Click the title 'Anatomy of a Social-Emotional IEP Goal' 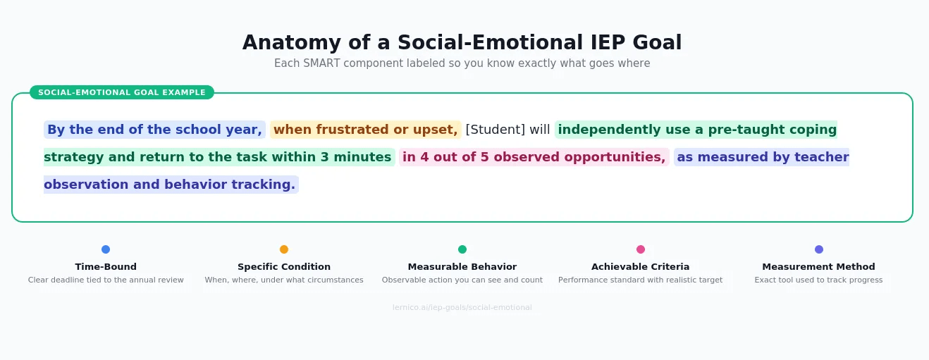click(x=462, y=43)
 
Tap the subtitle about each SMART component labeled click(x=462, y=63)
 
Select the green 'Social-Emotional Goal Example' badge click(x=122, y=92)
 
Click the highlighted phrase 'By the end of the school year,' click(x=154, y=130)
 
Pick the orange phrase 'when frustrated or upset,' click(x=365, y=130)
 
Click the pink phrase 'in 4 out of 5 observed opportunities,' click(x=534, y=157)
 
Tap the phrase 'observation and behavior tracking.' click(x=170, y=185)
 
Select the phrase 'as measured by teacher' click(x=762, y=157)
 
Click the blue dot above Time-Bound click(x=106, y=249)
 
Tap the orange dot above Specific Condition click(x=284, y=249)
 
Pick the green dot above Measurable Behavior click(x=462, y=249)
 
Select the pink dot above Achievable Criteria click(x=641, y=249)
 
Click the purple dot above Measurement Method click(x=819, y=249)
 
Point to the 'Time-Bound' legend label click(x=106, y=267)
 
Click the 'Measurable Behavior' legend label click(x=462, y=267)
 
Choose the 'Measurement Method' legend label click(x=818, y=267)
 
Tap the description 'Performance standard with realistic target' click(x=640, y=280)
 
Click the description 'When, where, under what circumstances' click(x=284, y=280)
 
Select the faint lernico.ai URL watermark click(x=462, y=308)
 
